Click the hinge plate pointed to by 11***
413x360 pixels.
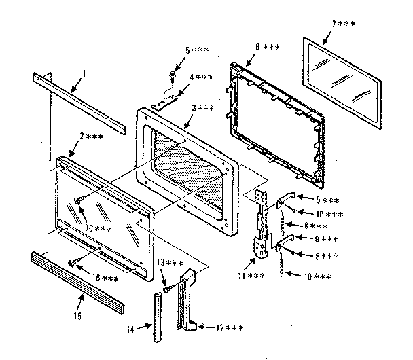258,224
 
